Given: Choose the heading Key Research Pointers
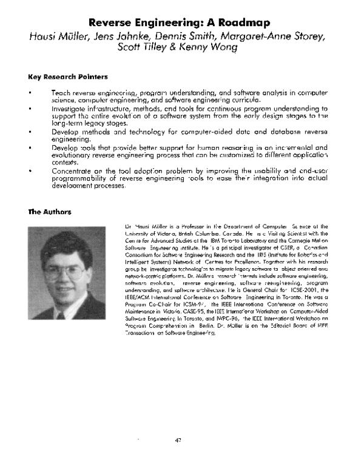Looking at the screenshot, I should pos(68,77).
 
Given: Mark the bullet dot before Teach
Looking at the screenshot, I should pos(30,93).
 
